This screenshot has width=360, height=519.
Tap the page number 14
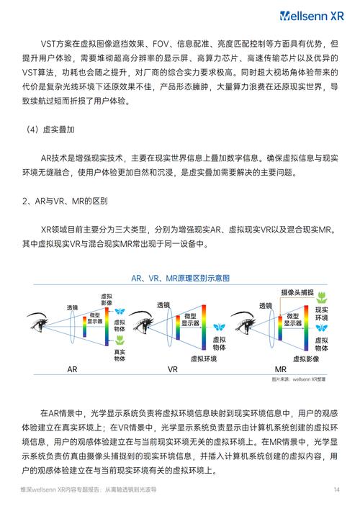[336, 489]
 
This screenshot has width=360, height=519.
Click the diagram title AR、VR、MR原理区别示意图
[179, 278]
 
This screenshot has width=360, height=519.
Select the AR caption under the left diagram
[72, 369]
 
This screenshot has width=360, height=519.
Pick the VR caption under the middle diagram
[173, 369]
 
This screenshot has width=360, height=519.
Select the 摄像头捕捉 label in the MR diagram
[297, 292]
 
